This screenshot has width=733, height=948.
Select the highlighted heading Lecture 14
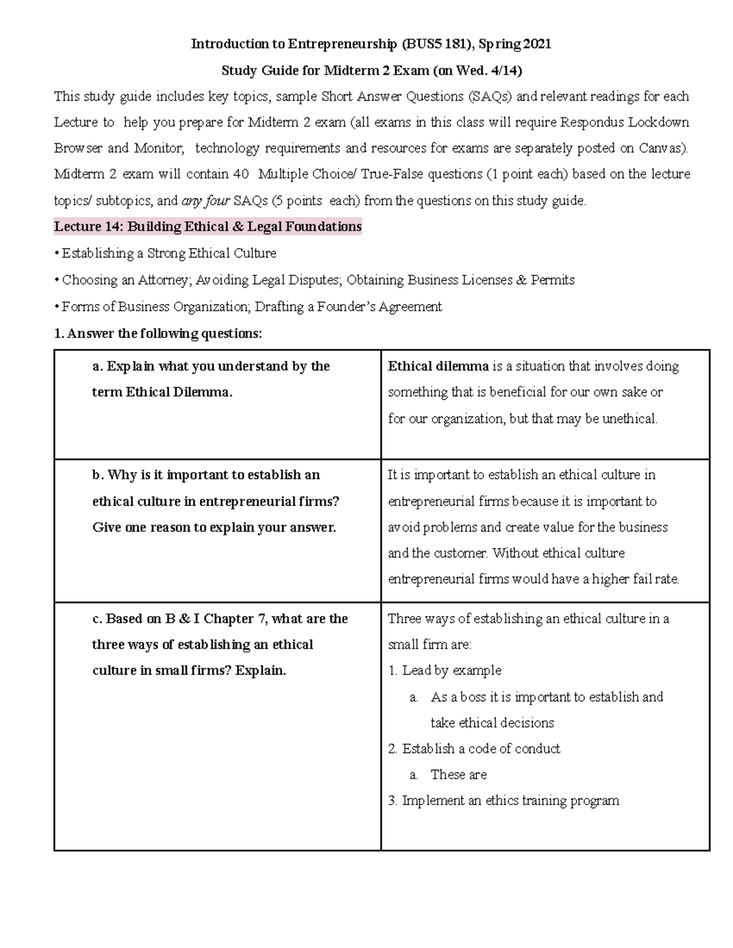[208, 227]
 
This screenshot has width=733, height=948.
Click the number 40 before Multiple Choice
[241, 175]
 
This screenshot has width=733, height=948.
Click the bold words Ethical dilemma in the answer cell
[438, 366]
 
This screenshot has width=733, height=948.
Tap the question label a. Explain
[125, 366]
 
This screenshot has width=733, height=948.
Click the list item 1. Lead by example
[445, 671]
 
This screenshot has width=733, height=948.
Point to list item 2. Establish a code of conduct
[474, 749]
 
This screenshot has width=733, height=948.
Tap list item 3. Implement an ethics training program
[503, 801]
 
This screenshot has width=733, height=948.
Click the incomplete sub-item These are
[458, 775]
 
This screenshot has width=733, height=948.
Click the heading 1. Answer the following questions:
[158, 334]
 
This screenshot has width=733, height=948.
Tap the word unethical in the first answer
[629, 419]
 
